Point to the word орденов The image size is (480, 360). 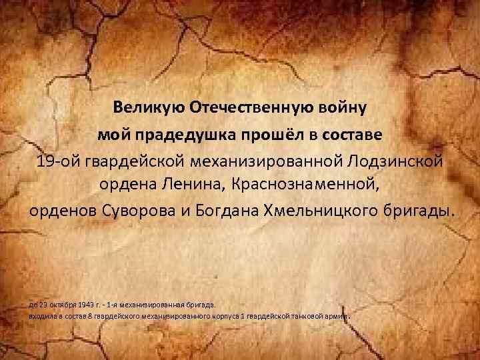click(64, 211)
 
